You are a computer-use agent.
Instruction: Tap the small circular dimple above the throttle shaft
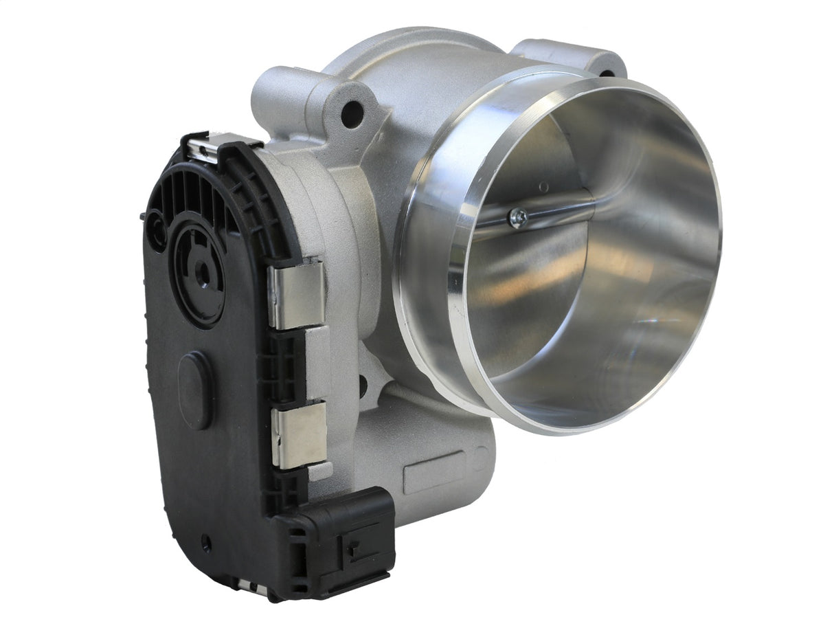[543, 186]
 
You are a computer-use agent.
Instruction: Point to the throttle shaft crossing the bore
[550, 210]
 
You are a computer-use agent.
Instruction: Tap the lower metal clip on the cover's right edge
[299, 434]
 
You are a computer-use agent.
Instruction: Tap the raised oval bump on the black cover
[194, 390]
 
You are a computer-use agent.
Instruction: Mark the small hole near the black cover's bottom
[205, 544]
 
